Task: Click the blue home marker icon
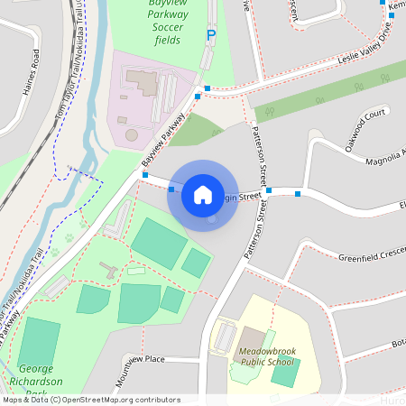[203, 195]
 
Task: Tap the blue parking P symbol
[212, 35]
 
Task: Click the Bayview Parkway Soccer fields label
[161, 22]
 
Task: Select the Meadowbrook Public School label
[266, 355]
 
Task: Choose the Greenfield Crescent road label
[370, 259]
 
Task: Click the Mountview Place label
[140, 360]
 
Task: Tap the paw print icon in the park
[68, 239]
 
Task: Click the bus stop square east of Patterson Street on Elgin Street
[297, 192]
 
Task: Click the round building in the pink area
[132, 134]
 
